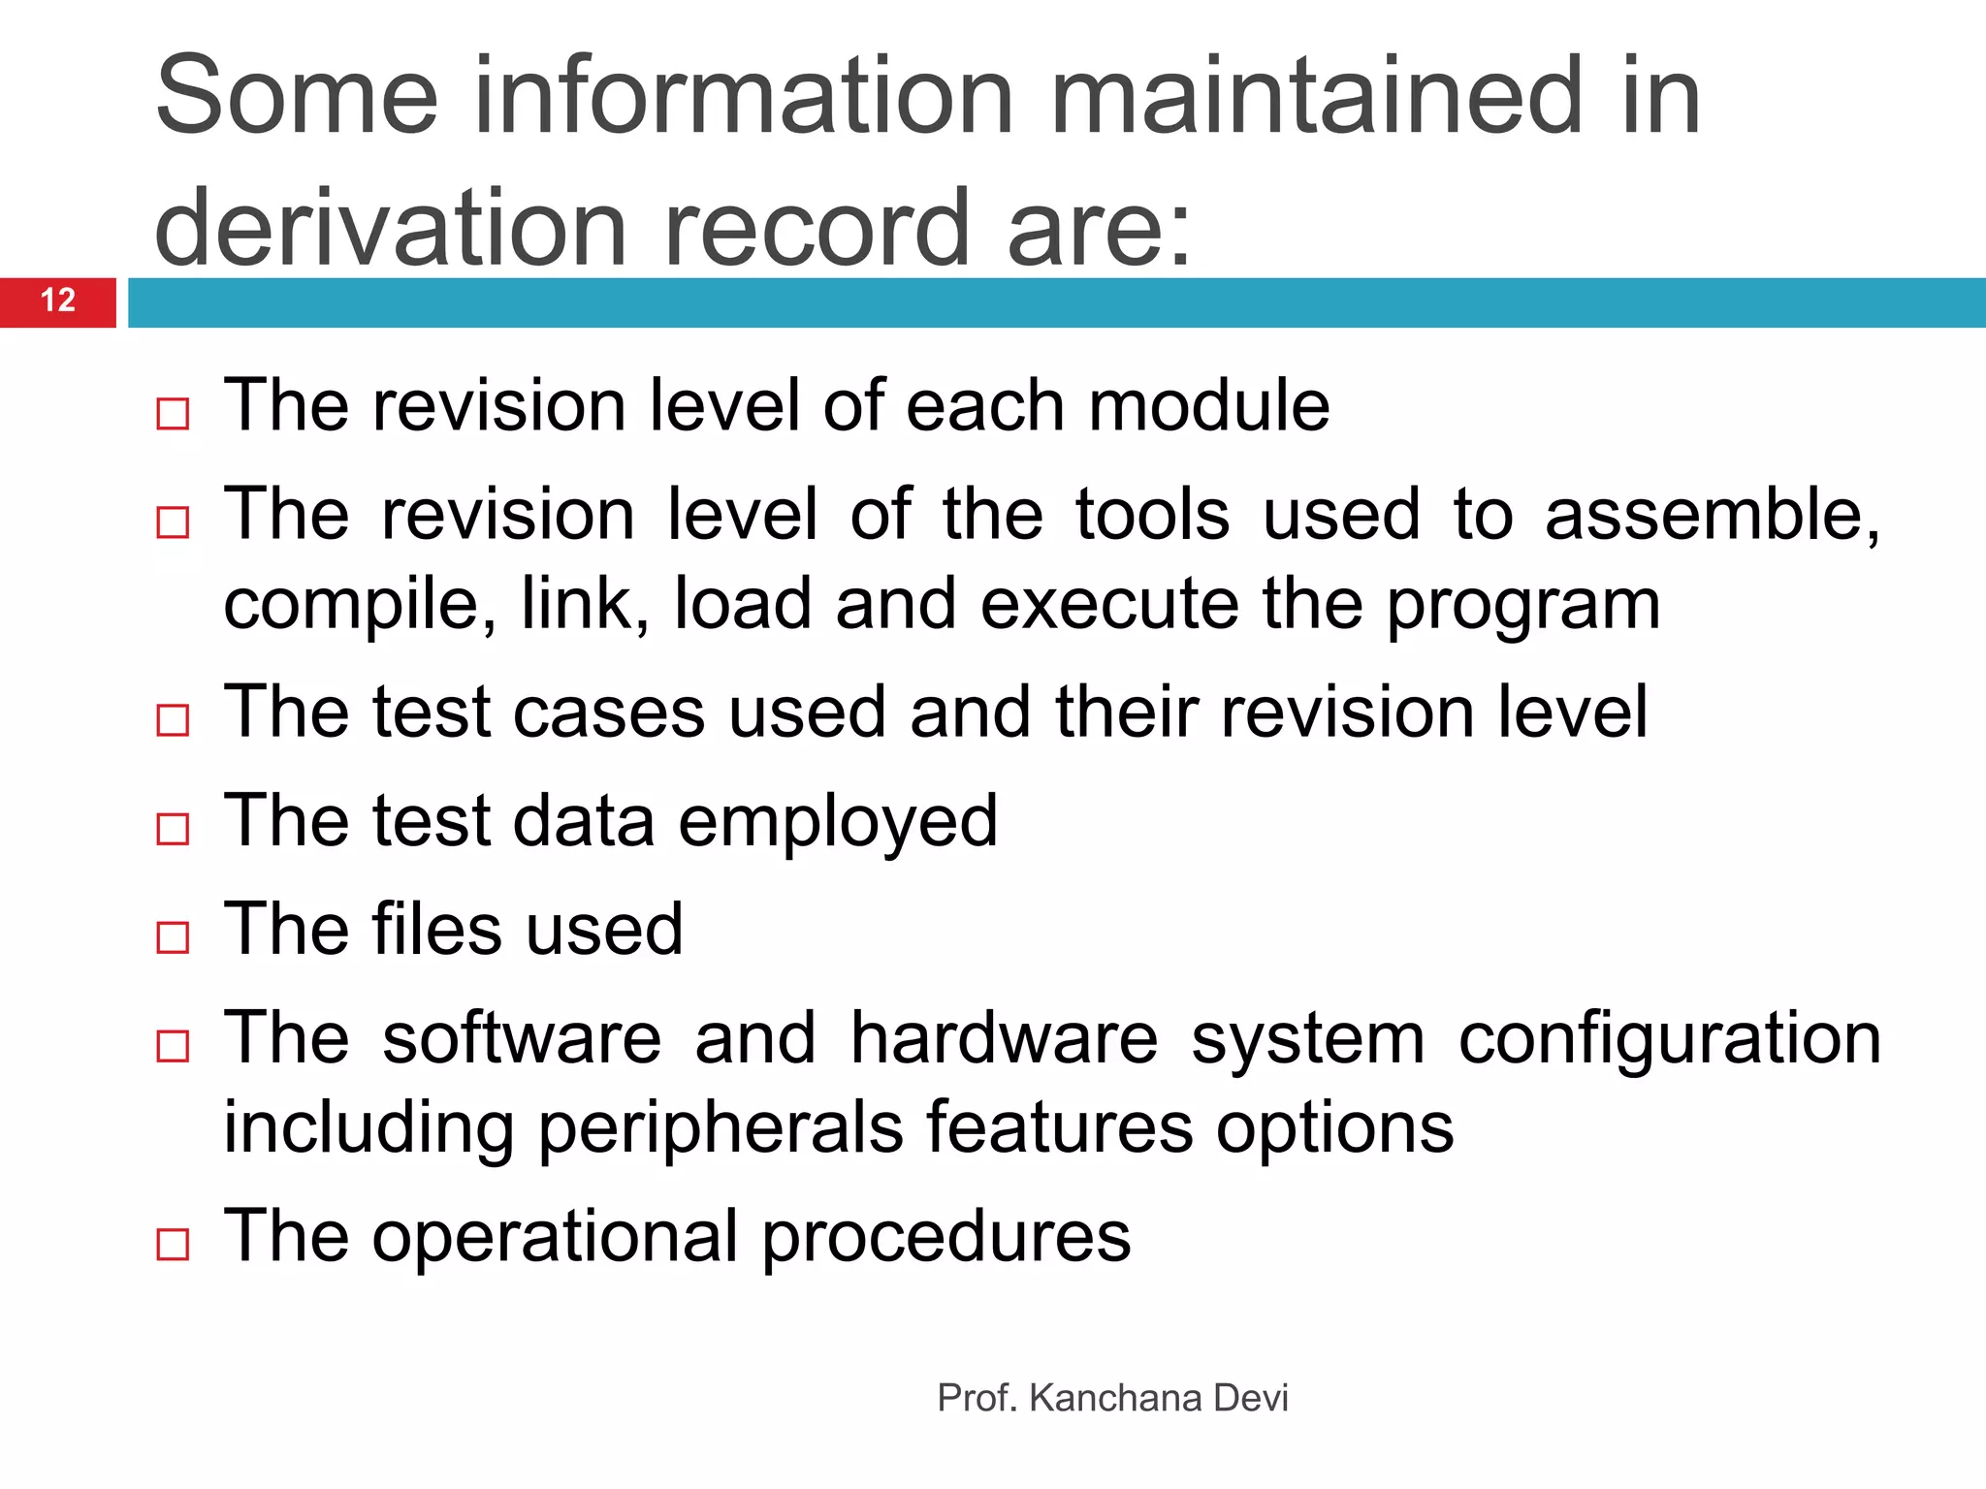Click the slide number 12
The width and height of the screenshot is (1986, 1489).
[x=58, y=301]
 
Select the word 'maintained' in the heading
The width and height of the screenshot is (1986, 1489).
[x=1318, y=96]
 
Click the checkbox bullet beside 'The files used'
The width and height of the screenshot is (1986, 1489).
[x=173, y=937]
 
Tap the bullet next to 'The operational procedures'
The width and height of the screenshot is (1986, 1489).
[x=173, y=1244]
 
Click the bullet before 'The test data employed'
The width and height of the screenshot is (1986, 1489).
[x=173, y=829]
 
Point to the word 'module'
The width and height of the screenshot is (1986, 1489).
[x=1208, y=405]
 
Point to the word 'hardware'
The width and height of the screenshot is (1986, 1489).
[x=1004, y=1038]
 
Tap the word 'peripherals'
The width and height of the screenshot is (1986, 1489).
[x=720, y=1129]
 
